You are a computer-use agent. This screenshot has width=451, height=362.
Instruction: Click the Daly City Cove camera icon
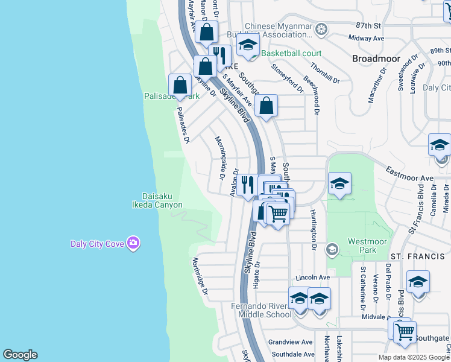pyautogui.click(x=134, y=243)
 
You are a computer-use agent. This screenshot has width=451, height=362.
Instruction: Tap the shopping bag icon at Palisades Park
pyautogui.click(x=180, y=86)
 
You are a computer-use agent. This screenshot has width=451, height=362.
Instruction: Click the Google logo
pyautogui.click(x=20, y=355)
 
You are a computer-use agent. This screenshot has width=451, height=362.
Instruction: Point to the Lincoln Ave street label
pyautogui.click(x=312, y=278)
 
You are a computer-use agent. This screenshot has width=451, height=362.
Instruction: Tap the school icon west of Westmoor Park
pyautogui.click(x=339, y=185)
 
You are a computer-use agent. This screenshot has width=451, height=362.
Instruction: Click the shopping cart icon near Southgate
pyautogui.click(x=404, y=331)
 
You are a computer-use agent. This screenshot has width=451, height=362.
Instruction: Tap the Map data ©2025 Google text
pyautogui.click(x=414, y=357)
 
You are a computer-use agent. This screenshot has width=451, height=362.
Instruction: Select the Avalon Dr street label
pyautogui.click(x=235, y=182)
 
